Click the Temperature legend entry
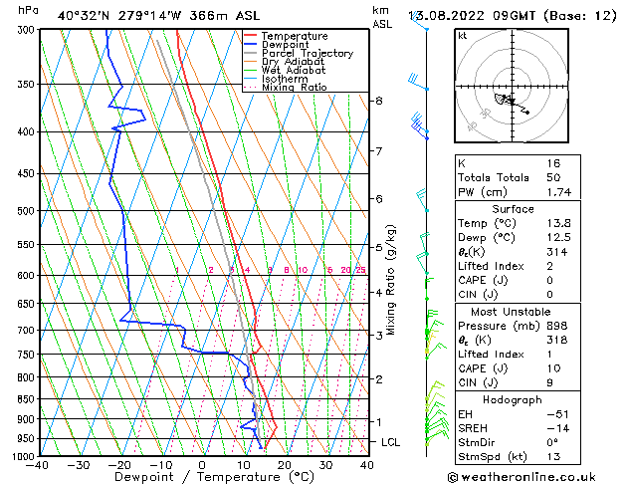pos(293,36)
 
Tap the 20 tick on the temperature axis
pos(284,464)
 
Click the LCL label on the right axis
pos(390,442)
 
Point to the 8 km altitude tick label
pos(378,101)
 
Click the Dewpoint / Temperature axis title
pos(202,477)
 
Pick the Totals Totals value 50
pos(553,177)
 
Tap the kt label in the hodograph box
pos(463,35)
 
